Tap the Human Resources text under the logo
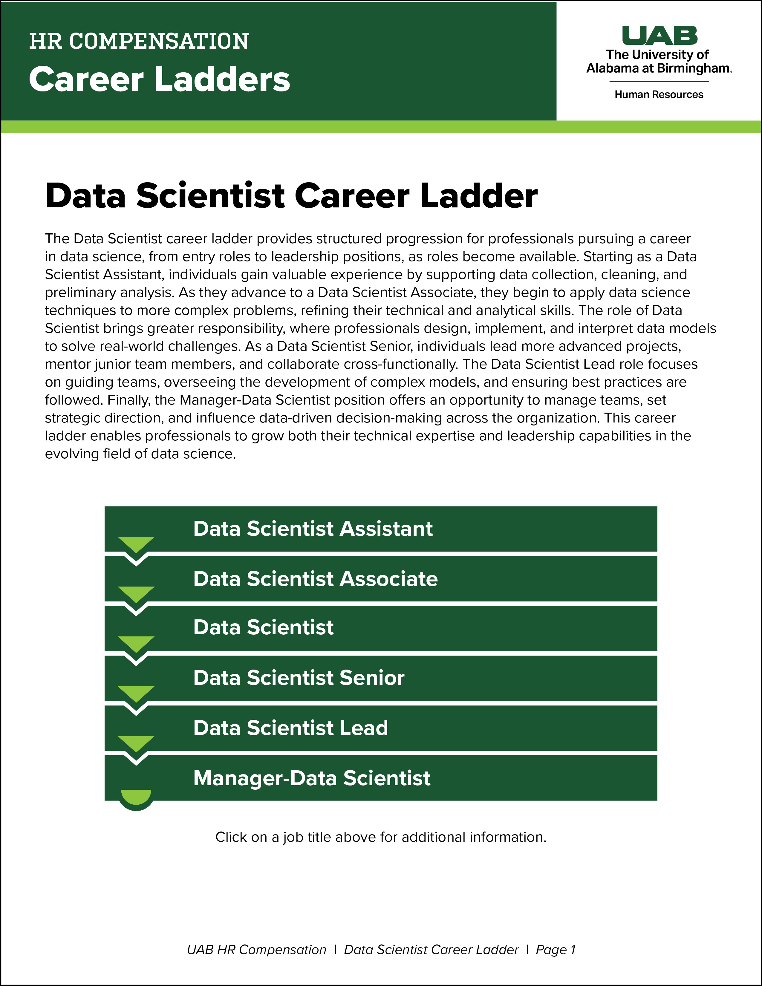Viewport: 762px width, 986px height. click(659, 95)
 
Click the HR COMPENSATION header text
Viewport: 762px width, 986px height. click(139, 42)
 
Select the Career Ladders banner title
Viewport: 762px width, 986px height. click(159, 79)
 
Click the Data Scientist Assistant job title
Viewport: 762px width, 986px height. click(313, 529)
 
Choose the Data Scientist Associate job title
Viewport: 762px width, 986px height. click(315, 579)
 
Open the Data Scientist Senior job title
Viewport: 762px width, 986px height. click(299, 678)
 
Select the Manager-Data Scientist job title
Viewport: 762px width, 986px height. click(311, 778)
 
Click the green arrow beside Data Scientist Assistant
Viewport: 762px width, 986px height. click(136, 543)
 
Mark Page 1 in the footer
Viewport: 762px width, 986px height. click(555, 950)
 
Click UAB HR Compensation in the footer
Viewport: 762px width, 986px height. click(256, 950)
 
